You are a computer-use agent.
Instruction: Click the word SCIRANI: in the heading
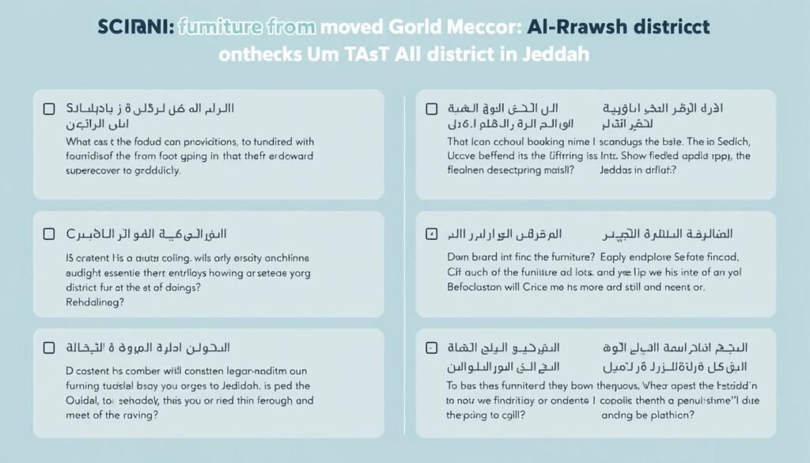(134, 27)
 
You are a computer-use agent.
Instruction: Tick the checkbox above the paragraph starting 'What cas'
(49, 108)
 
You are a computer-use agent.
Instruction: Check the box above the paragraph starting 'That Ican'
(431, 108)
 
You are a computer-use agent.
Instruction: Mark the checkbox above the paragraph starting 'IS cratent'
(49, 234)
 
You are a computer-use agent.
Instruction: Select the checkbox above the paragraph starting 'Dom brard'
(431, 234)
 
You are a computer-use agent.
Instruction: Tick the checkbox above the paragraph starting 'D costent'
(49, 347)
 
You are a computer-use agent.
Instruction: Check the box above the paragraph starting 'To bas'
(431, 347)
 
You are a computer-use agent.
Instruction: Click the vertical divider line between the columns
(404, 261)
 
